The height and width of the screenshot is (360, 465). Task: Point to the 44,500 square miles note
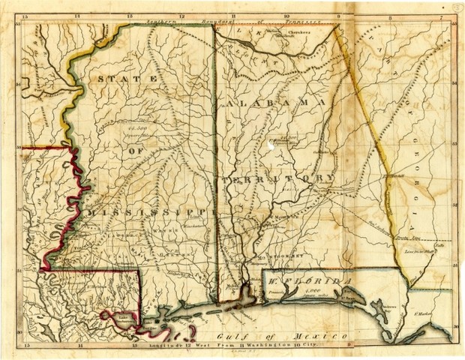coord(131,131)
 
